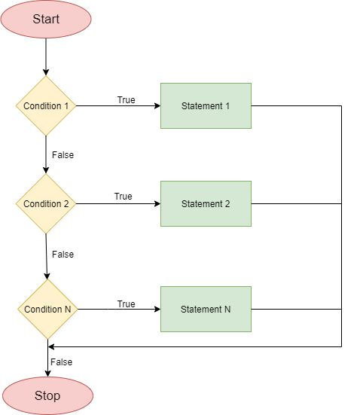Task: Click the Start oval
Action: tap(46, 19)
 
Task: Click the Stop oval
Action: tap(47, 395)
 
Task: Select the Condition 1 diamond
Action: tap(46, 106)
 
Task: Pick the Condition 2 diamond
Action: tap(46, 204)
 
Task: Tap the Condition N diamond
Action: tap(47, 309)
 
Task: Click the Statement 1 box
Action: tap(206, 106)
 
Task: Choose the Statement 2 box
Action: tap(206, 204)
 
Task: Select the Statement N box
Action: tap(206, 309)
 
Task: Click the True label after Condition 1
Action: tap(127, 100)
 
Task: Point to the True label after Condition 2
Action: tap(123, 197)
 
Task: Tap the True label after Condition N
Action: tap(127, 304)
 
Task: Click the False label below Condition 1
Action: tap(63, 155)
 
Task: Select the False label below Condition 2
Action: tap(63, 255)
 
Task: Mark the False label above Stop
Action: tap(62, 362)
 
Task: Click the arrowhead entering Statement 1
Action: tap(157, 106)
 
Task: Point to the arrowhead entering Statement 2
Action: tap(157, 204)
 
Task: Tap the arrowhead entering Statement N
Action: tap(157, 309)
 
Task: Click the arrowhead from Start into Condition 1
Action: tap(46, 72)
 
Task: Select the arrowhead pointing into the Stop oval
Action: tap(47, 374)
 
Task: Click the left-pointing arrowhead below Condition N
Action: tap(51, 346)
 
